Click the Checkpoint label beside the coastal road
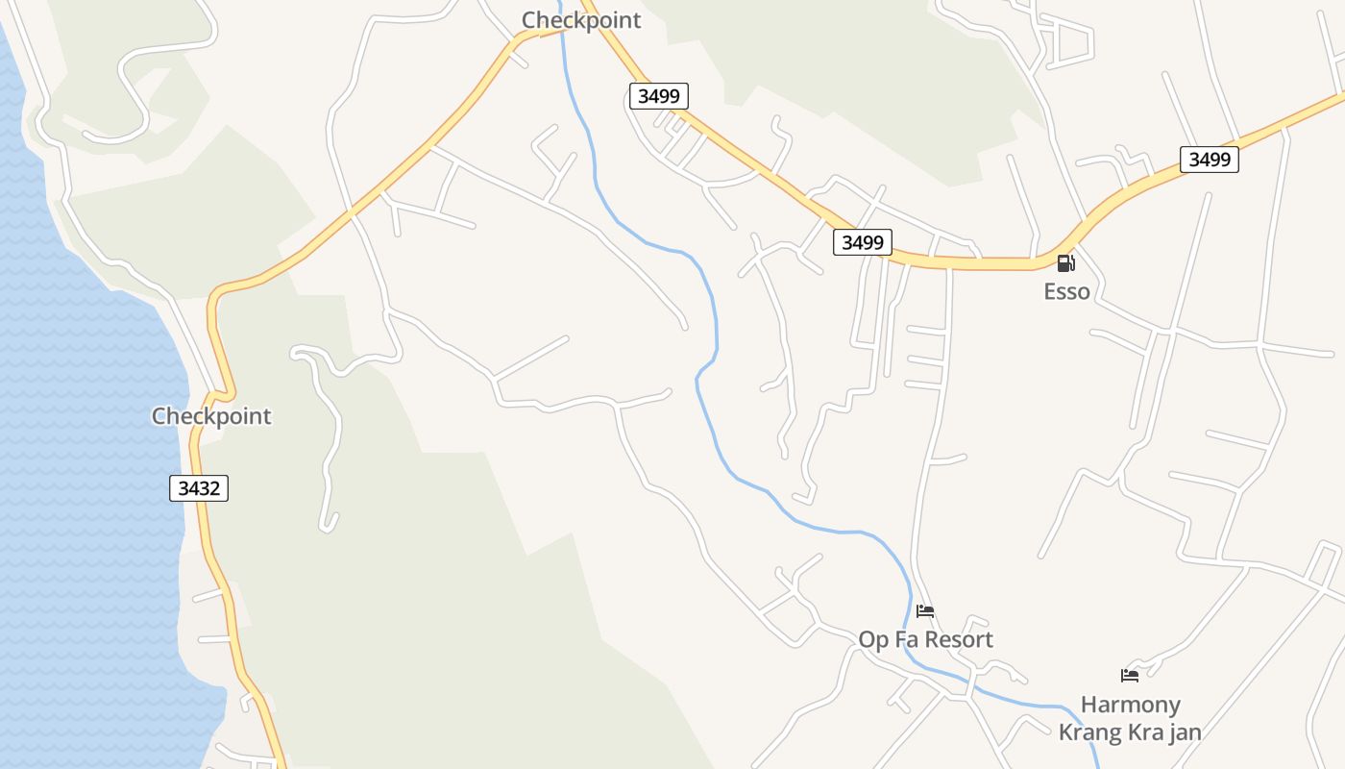pos(211,416)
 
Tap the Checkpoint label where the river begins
pos(580,20)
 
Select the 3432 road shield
pos(199,488)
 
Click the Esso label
pos(1066,291)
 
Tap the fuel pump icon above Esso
pos(1065,263)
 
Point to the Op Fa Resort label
pos(925,639)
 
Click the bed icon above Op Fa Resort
pos(925,610)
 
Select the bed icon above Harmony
pos(1130,676)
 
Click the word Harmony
pos(1130,705)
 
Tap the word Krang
pos(1091,732)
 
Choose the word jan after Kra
pos(1184,732)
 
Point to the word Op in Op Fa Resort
pos(873,639)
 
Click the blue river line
pos(715,317)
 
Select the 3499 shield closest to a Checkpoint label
pos(659,95)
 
